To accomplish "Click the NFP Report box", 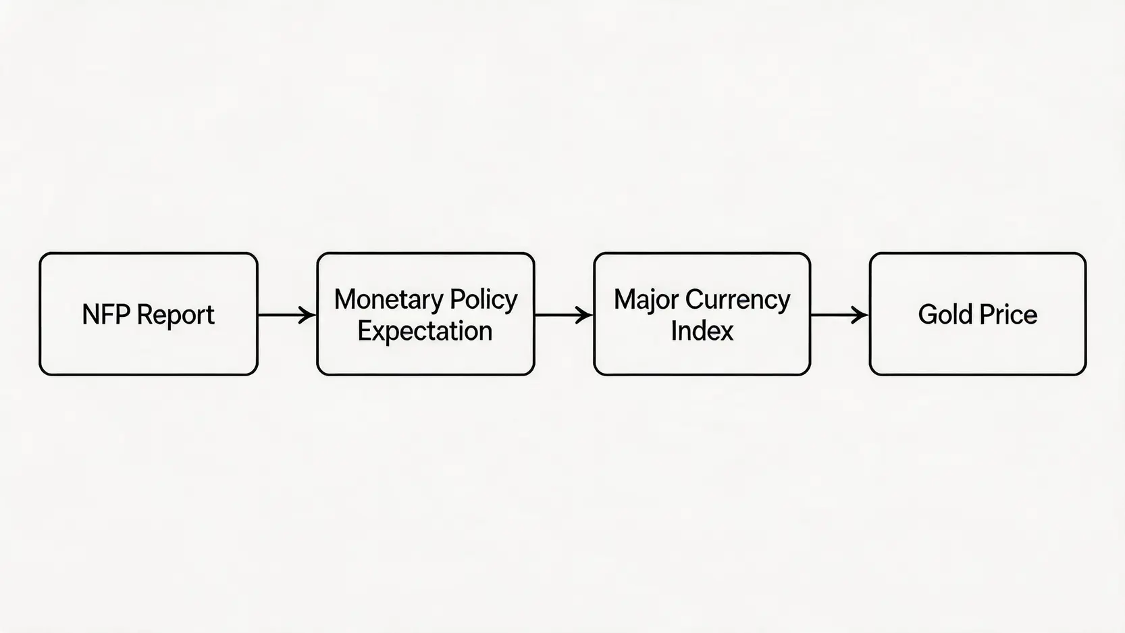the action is [x=149, y=314].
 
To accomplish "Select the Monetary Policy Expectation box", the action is [x=425, y=314].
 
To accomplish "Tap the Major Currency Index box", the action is [x=702, y=314].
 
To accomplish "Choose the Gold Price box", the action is [x=978, y=314].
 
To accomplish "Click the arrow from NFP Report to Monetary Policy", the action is [x=287, y=315].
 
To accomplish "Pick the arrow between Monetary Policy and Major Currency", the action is [x=564, y=315].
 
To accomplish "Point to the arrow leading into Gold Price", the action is [x=840, y=315].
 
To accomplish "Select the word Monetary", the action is [x=389, y=300].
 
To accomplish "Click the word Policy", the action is [x=483, y=300].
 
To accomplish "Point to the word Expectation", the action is [x=425, y=332].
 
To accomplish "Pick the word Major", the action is [x=646, y=300].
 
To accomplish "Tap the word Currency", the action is [x=737, y=300].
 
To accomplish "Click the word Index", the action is [x=702, y=330].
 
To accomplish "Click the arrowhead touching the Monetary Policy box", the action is [x=307, y=315].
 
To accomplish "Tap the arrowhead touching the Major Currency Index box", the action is [x=584, y=315].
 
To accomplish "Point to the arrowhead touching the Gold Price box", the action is [x=860, y=315].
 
